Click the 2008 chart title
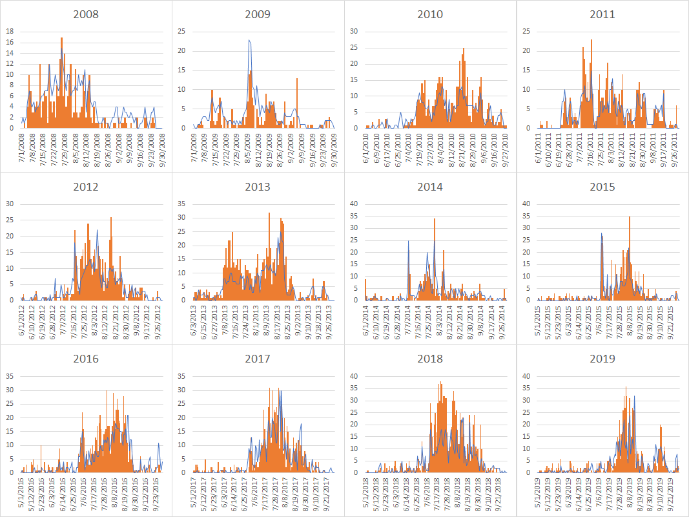click(86, 14)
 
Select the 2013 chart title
click(258, 187)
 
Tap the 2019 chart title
click(602, 359)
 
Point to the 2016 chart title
click(86, 359)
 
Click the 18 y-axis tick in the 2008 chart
click(10, 31)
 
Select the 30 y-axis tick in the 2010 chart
click(354, 31)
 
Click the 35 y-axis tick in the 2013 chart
click(181, 204)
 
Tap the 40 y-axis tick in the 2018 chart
click(354, 376)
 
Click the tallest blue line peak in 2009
click(249, 41)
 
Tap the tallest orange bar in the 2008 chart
click(61, 39)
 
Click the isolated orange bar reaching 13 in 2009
click(297, 79)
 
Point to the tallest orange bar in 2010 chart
click(464, 49)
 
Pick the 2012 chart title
click(86, 187)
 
